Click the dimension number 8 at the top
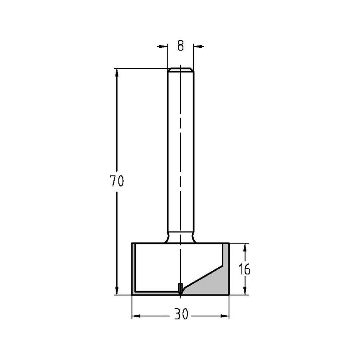pos(180,46)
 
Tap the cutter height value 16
pos(245,269)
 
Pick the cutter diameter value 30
pos(181,315)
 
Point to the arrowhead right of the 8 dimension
pos(198,46)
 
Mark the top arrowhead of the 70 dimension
pos(117,72)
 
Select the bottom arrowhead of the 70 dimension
pos(117,291)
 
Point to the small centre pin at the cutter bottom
pos(180,288)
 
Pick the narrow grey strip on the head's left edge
pos(134,268)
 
